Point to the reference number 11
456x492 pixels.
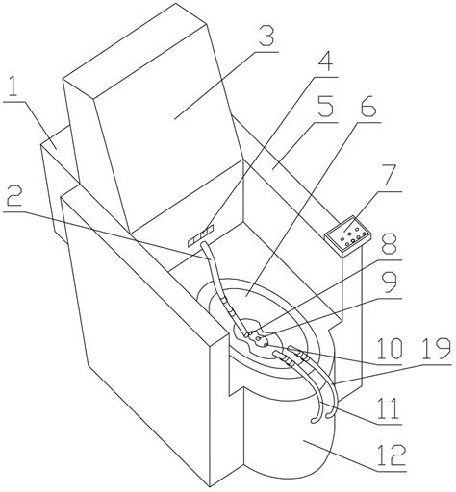pyautogui.click(x=389, y=407)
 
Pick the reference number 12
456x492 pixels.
pyautogui.click(x=392, y=455)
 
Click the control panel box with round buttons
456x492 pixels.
pyautogui.click(x=347, y=236)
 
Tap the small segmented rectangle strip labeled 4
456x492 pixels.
pyautogui.click(x=200, y=236)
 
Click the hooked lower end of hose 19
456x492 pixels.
pyautogui.click(x=329, y=416)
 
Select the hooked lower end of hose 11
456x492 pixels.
pyautogui.click(x=315, y=419)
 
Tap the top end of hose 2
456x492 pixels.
pyautogui.click(x=203, y=245)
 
